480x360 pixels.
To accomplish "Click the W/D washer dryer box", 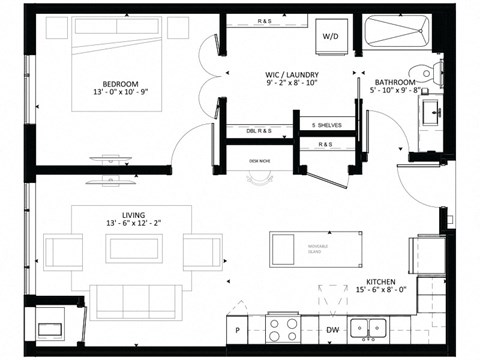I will (x=331, y=37).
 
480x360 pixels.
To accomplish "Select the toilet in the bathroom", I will (x=431, y=71).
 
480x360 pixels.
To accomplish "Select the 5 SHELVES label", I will (x=326, y=124).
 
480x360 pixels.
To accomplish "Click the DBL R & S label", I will (x=259, y=129).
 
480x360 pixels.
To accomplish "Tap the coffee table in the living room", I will (x=140, y=246).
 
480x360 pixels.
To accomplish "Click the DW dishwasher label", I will (x=332, y=329).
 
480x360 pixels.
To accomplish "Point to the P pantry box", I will (x=237, y=329).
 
